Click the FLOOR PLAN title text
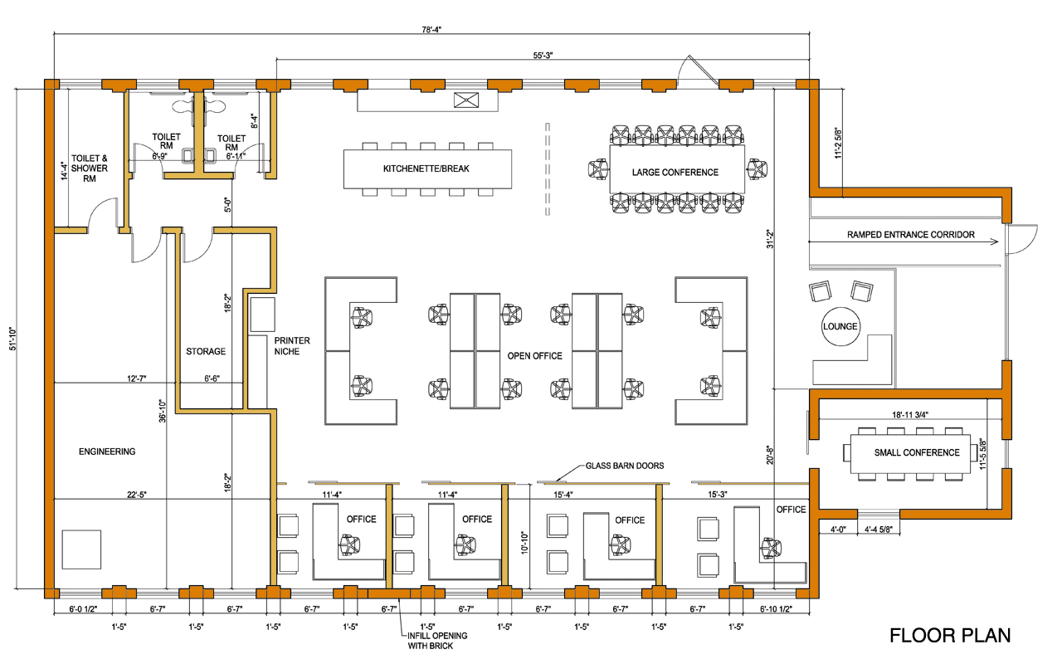point(950,636)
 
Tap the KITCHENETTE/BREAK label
point(426,168)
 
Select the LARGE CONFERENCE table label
point(675,173)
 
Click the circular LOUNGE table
point(840,326)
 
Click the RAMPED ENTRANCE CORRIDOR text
point(910,235)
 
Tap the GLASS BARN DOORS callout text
point(625,466)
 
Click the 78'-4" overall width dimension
point(431,29)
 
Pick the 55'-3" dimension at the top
point(543,55)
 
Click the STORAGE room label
point(206,352)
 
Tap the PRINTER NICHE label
point(292,346)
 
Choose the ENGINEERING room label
point(107,452)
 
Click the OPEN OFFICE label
point(535,356)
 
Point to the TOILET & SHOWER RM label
point(89,168)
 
